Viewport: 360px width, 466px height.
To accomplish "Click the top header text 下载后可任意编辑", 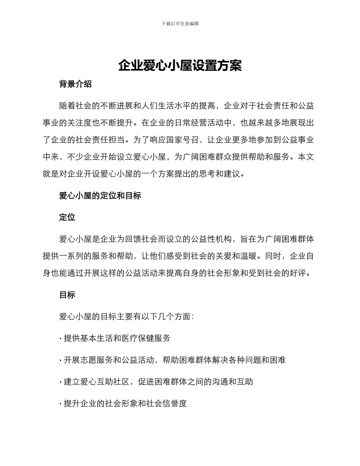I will point(180,23).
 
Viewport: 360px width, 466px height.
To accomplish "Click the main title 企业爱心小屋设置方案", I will point(180,66).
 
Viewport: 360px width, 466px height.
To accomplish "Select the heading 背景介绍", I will point(75,84).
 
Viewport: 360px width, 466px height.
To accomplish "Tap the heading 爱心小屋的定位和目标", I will point(100,195).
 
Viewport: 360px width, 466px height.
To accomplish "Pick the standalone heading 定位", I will point(67,217).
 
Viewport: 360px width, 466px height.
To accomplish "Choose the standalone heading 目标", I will point(67,295).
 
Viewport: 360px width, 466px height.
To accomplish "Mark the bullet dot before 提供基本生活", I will point(61,339).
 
